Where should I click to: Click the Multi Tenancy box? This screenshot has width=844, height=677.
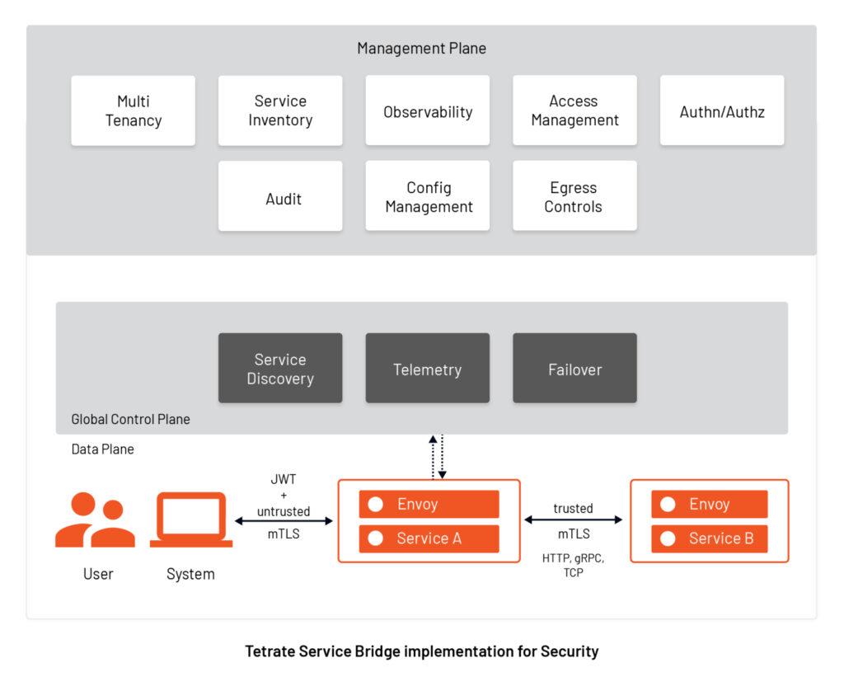click(133, 110)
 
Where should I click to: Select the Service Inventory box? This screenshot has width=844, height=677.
click(280, 110)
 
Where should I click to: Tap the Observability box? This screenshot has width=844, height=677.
click(427, 111)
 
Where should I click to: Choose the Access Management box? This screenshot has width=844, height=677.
click(574, 110)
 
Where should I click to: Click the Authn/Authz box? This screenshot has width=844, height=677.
click(721, 111)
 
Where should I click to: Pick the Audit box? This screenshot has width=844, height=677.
click(280, 196)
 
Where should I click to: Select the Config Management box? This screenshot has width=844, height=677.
click(427, 196)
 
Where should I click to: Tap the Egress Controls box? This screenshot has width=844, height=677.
click(574, 196)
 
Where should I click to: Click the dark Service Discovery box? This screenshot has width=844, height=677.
click(280, 369)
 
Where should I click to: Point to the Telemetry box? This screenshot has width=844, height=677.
click(427, 369)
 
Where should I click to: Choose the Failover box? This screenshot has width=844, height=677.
click(574, 369)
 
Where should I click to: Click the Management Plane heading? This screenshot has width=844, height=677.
click(421, 48)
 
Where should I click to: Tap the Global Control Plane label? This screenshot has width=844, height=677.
click(130, 419)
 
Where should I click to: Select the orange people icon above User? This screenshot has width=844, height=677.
click(94, 520)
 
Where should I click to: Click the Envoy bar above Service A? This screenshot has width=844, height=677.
click(429, 504)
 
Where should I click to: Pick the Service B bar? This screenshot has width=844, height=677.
click(709, 538)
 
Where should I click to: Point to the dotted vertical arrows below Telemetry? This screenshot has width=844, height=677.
click(438, 457)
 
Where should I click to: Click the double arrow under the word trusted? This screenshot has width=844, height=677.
click(573, 520)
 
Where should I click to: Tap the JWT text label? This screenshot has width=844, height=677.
click(284, 478)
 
